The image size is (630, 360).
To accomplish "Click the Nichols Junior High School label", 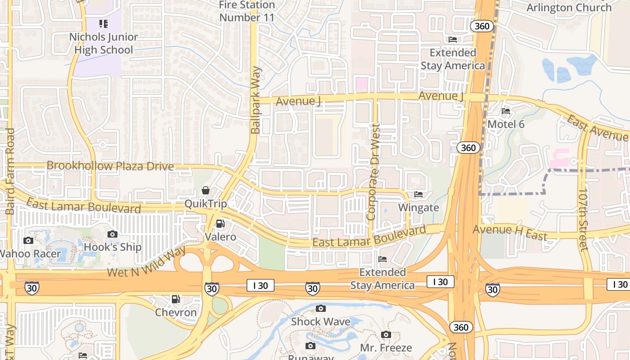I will [x=103, y=43].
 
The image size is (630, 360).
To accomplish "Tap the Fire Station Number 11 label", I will [x=247, y=11].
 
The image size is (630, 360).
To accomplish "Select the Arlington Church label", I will [x=569, y=8].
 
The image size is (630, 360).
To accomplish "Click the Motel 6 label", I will [x=506, y=124].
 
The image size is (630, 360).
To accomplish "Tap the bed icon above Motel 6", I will [x=506, y=111].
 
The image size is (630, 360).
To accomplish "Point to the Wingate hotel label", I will [x=418, y=207].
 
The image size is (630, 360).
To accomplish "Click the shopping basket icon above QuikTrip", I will [x=206, y=190].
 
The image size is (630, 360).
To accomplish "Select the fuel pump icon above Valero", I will [x=220, y=223].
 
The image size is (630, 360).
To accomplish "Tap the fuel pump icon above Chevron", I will [x=176, y=299].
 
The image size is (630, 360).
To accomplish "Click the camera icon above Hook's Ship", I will [x=112, y=234].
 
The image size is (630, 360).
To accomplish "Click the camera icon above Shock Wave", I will [x=320, y=309].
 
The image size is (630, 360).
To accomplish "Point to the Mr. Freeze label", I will [x=386, y=348].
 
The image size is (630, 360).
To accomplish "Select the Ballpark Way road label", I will [x=256, y=100].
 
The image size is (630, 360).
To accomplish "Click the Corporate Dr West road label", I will [x=374, y=172].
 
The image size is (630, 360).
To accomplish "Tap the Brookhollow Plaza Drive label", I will [x=110, y=166].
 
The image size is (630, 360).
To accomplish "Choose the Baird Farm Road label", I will [x=10, y=171].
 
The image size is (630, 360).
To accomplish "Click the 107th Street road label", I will [x=583, y=219].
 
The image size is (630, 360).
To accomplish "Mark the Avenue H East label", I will [x=509, y=232].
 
